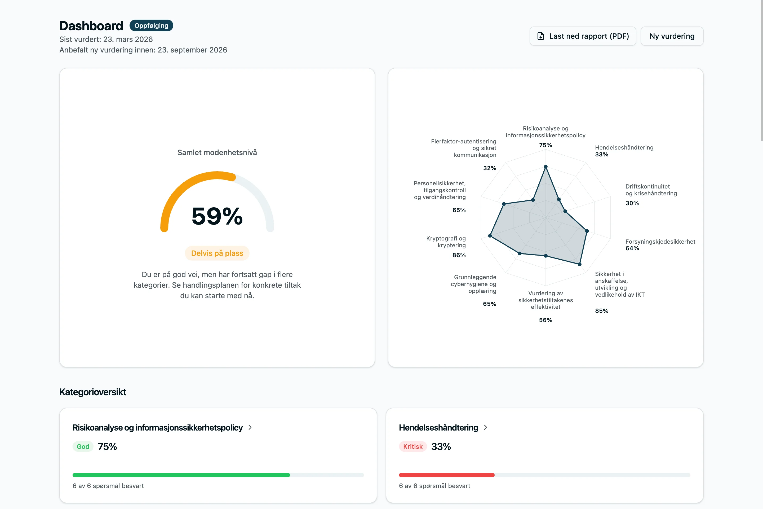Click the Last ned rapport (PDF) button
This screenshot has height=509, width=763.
tap(583, 36)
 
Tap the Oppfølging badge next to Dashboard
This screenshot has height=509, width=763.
tap(151, 26)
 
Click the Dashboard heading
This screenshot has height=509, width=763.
tap(91, 26)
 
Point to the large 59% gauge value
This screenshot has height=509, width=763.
tap(217, 216)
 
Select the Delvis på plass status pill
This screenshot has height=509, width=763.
tap(217, 253)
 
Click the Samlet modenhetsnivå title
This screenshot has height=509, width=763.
tap(217, 153)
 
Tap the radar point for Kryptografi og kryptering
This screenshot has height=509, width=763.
tap(490, 236)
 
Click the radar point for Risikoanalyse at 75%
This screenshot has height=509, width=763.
tap(546, 166)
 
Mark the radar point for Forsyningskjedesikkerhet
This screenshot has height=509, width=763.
tap(587, 231)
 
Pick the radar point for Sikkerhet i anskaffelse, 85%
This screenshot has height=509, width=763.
tap(580, 264)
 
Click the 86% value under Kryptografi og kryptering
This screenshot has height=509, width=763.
tap(459, 255)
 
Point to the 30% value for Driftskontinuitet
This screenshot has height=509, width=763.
tap(632, 203)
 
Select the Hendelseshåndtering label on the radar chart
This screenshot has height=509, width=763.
tap(624, 147)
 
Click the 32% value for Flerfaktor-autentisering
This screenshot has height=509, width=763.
tap(490, 168)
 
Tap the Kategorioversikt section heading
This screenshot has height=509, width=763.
tap(93, 392)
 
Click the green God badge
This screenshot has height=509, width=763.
tap(83, 447)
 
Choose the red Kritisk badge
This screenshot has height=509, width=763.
tap(413, 447)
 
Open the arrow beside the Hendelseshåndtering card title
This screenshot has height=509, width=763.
tap(486, 428)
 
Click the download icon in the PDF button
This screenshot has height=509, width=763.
tap(540, 36)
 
